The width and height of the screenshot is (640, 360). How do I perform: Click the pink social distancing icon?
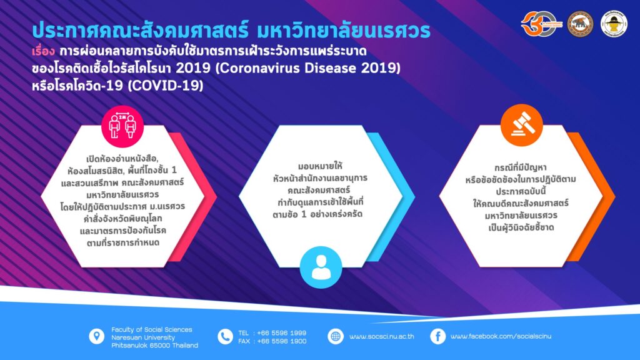pyautogui.click(x=122, y=126)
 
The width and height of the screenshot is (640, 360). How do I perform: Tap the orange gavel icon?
pyautogui.click(x=522, y=125)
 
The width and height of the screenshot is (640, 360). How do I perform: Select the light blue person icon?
pyautogui.click(x=321, y=267)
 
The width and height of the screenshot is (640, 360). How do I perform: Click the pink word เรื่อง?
pyautogui.click(x=43, y=52)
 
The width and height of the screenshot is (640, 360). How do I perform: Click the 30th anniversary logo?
pyautogui.click(x=541, y=24)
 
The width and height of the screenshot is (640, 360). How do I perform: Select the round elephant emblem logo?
pyautogui.click(x=581, y=24)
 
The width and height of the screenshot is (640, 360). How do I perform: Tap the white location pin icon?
pyautogui.click(x=97, y=336)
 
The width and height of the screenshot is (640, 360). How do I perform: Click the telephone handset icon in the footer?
pyautogui.click(x=225, y=337)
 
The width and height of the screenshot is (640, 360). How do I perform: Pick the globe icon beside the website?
pyautogui.click(x=336, y=337)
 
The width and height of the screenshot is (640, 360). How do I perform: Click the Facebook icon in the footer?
pyautogui.click(x=438, y=337)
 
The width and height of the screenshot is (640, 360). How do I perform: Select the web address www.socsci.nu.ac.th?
pyautogui.click(x=382, y=337)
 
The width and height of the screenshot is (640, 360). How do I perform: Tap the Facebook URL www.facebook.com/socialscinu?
pyautogui.click(x=501, y=336)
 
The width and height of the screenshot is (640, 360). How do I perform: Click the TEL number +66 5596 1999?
pyautogui.click(x=282, y=333)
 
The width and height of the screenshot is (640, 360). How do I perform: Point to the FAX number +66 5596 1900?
pyautogui.click(x=282, y=341)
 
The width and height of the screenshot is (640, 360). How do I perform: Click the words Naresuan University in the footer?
pyautogui.click(x=143, y=337)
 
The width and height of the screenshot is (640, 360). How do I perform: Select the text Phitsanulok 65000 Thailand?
pyautogui.click(x=155, y=345)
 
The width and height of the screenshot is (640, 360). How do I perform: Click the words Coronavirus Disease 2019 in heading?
pyautogui.click(x=307, y=67)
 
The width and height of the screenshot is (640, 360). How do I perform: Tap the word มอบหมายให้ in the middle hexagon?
pyautogui.click(x=321, y=166)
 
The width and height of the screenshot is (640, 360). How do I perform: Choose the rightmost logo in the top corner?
pyautogui.click(x=614, y=24)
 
